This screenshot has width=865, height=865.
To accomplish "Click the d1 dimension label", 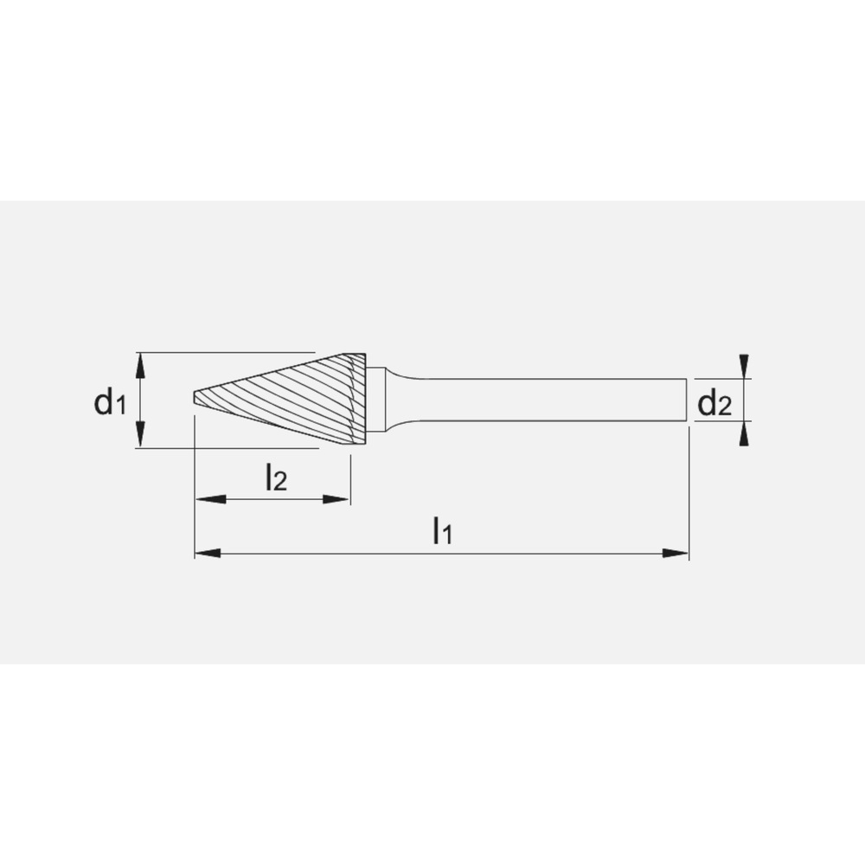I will (x=110, y=401).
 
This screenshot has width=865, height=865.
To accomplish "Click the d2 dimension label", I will (x=714, y=402).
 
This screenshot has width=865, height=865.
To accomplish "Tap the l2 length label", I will (x=274, y=477).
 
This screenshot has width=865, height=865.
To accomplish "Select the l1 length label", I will (x=442, y=531).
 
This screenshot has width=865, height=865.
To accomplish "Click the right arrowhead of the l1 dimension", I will (x=676, y=552).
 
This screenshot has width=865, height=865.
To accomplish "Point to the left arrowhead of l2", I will (x=208, y=499).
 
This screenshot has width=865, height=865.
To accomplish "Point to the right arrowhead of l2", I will (x=337, y=499).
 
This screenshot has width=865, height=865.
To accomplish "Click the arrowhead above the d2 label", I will (x=743, y=366).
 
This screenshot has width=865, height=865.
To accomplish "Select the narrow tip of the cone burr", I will (x=196, y=400).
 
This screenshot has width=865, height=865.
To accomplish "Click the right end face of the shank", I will (x=687, y=400).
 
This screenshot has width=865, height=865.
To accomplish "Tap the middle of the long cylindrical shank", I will (x=545, y=400).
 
